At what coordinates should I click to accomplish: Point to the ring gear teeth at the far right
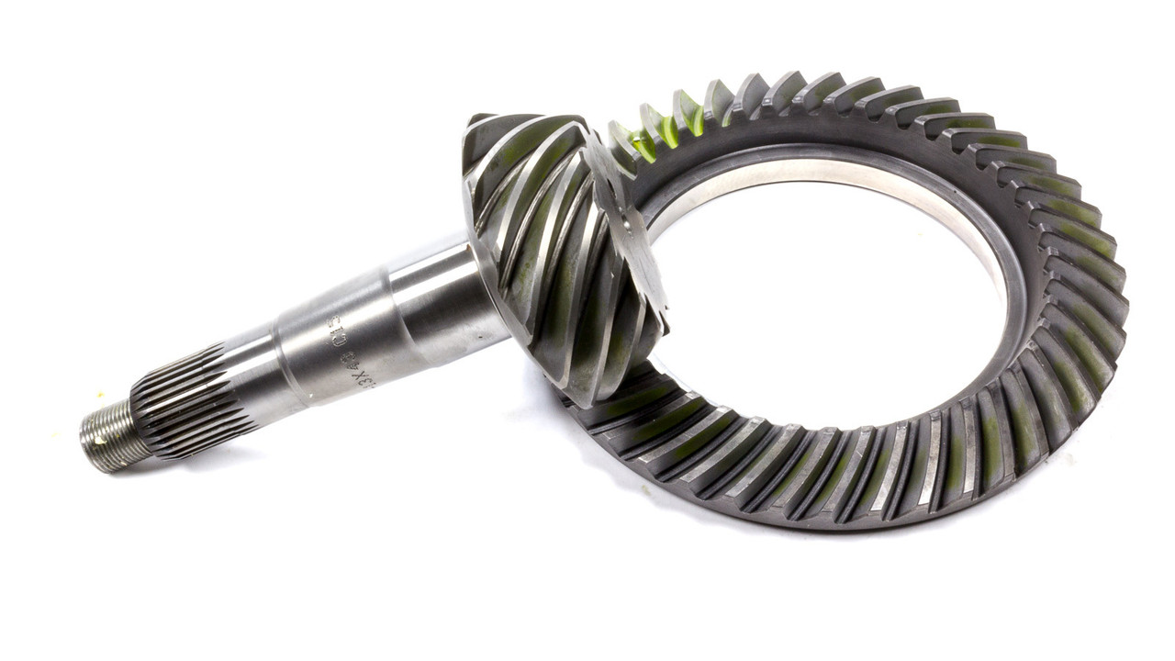click(1097, 294)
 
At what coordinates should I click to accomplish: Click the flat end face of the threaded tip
click(87, 444)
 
